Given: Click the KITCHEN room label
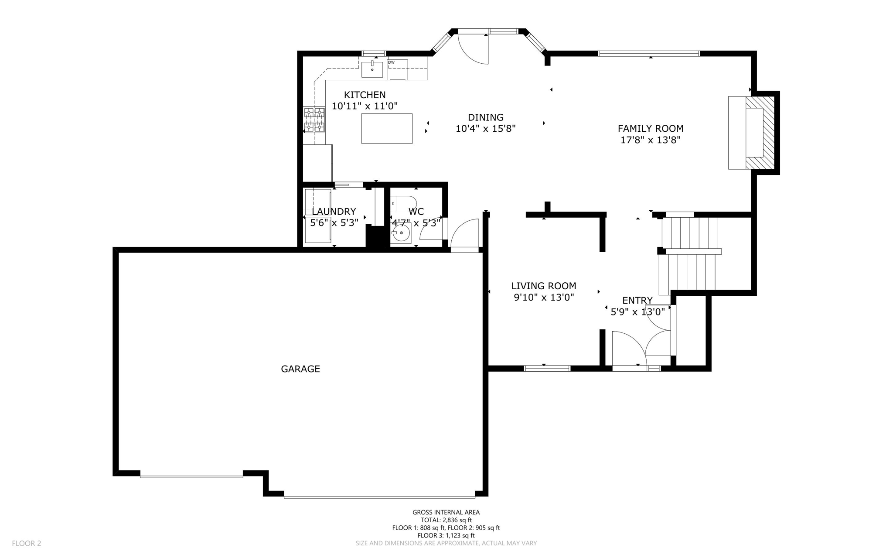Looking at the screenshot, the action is [x=365, y=95].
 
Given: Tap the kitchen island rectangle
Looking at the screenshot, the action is [x=387, y=128].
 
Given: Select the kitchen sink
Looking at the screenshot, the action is [x=372, y=69].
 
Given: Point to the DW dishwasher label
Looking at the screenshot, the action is [x=391, y=62].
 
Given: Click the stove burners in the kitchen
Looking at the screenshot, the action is [x=314, y=120].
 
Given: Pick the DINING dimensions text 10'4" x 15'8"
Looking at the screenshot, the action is [x=486, y=129].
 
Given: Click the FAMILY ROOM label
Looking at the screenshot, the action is [x=651, y=129].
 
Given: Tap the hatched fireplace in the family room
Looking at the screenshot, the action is [x=760, y=133].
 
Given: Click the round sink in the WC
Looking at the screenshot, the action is [x=401, y=233].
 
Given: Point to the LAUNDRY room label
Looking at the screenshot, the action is [x=334, y=212].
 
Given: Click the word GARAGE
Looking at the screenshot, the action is [x=300, y=369].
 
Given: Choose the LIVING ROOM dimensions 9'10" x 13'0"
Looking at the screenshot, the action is [x=544, y=298].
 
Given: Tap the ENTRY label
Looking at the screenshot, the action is [x=637, y=300].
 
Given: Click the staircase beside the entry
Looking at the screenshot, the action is [x=689, y=253].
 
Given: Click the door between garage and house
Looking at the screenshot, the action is [x=465, y=235].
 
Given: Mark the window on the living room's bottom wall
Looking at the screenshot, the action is [x=547, y=369].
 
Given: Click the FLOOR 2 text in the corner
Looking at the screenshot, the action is [x=27, y=543].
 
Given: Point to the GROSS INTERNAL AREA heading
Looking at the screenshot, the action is [x=446, y=512].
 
